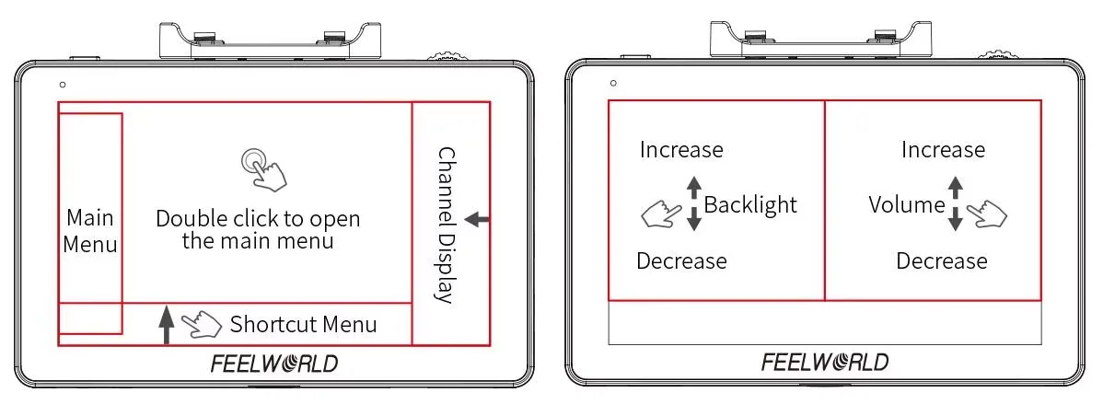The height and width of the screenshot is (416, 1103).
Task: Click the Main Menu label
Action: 90,231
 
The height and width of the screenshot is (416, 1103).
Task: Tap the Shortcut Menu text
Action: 303,324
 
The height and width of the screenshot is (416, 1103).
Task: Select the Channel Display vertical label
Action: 446,225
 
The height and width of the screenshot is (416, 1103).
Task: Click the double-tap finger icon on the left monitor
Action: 263,168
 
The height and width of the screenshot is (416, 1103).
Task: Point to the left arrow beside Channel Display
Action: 478,219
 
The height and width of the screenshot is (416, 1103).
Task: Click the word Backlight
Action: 750,204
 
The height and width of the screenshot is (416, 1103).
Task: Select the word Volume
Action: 907,204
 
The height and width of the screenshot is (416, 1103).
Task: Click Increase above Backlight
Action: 681,149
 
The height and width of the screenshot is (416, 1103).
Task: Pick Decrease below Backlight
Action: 681,261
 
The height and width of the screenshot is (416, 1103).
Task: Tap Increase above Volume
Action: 943,149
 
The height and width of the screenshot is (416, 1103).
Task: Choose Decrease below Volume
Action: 942,261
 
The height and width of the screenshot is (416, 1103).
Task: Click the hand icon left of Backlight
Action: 660,214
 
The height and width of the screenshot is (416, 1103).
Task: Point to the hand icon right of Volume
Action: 986,215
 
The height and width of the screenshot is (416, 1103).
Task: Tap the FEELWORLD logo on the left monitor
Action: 274,364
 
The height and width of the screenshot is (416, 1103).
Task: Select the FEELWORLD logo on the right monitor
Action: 825,362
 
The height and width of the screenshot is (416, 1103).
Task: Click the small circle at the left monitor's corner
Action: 62,85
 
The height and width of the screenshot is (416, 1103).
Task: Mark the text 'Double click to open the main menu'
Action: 258,230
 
